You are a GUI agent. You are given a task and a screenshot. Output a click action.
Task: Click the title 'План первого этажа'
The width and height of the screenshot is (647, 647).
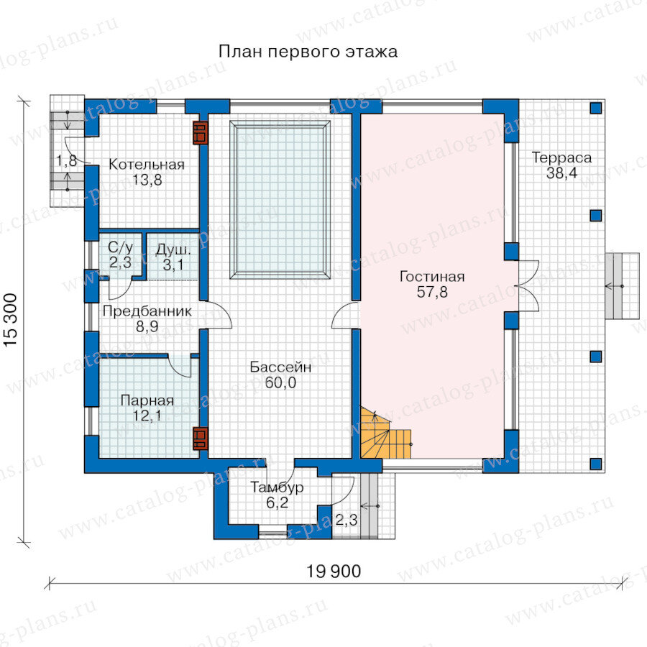click(x=308, y=52)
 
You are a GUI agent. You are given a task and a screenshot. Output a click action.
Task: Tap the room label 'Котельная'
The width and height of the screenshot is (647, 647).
click(x=147, y=165)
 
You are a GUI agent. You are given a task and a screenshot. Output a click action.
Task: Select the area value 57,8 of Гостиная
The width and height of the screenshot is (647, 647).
click(x=432, y=292)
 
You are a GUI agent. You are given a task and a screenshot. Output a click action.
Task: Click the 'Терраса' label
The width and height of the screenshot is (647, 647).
click(x=561, y=157)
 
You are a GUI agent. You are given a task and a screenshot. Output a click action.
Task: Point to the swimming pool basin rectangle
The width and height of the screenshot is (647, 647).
click(x=280, y=200)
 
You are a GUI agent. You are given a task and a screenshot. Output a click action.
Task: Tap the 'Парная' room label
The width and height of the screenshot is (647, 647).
click(x=147, y=400)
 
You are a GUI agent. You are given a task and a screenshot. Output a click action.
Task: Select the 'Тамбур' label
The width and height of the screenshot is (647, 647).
click(x=277, y=487)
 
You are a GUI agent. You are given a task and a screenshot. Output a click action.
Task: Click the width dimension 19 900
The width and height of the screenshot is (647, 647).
click(x=334, y=572)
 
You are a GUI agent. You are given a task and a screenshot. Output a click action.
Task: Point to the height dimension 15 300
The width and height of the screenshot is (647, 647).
click(x=11, y=320)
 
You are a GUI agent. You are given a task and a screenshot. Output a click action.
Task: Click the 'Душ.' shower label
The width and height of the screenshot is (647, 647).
click(x=173, y=250)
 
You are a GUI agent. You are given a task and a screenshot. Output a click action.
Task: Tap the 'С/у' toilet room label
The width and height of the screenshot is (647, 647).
click(x=121, y=247)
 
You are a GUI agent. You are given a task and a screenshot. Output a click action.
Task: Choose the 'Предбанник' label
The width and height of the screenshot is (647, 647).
click(x=147, y=311)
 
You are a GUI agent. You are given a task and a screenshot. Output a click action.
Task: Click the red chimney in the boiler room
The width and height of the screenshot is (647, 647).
click(x=201, y=133)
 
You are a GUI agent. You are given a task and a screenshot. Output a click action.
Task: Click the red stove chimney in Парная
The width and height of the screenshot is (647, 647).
click(x=201, y=439)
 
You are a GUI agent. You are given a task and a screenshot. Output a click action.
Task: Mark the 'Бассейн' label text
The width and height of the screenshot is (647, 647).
click(x=280, y=367)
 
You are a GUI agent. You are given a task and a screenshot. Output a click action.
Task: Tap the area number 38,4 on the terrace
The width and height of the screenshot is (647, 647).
click(x=561, y=173)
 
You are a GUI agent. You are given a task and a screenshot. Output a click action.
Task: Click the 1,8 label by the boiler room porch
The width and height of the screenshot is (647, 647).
click(x=66, y=160)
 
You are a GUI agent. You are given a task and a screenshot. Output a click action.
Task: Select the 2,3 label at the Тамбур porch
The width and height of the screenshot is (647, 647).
click(x=347, y=520)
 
